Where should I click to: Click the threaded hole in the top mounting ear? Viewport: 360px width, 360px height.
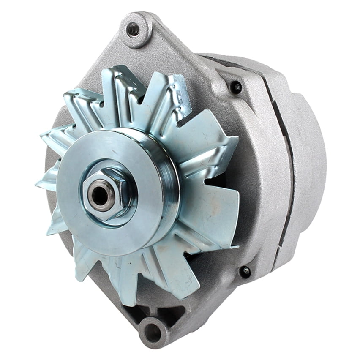coord(134,29)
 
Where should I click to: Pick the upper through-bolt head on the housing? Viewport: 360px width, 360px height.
coord(236,87)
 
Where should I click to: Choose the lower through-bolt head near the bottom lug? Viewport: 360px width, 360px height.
coord(245,271)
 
